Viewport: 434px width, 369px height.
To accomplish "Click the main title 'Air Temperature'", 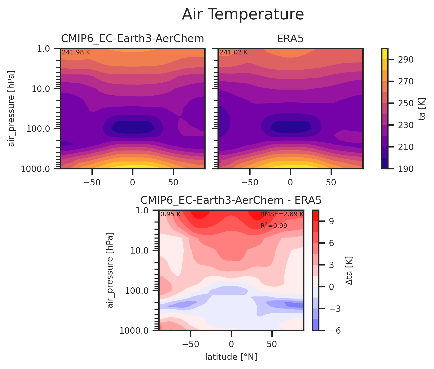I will [243, 14].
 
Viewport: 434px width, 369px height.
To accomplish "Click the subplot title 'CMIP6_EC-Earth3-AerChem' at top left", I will [132, 39].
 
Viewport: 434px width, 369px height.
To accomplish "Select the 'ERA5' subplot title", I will [290, 39].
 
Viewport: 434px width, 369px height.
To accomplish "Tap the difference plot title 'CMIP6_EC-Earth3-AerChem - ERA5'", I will [231, 200].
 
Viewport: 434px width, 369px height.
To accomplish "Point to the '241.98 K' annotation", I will [76, 53].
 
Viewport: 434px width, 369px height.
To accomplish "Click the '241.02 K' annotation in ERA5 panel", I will [234, 53].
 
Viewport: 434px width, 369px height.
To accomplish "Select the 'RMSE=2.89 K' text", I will [282, 214].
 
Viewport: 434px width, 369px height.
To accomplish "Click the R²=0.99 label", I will [274, 226].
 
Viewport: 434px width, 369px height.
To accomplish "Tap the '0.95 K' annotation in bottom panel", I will [170, 214].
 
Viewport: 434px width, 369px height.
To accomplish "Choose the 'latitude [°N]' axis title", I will [231, 357].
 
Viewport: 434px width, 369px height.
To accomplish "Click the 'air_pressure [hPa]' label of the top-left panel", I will [12, 108].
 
